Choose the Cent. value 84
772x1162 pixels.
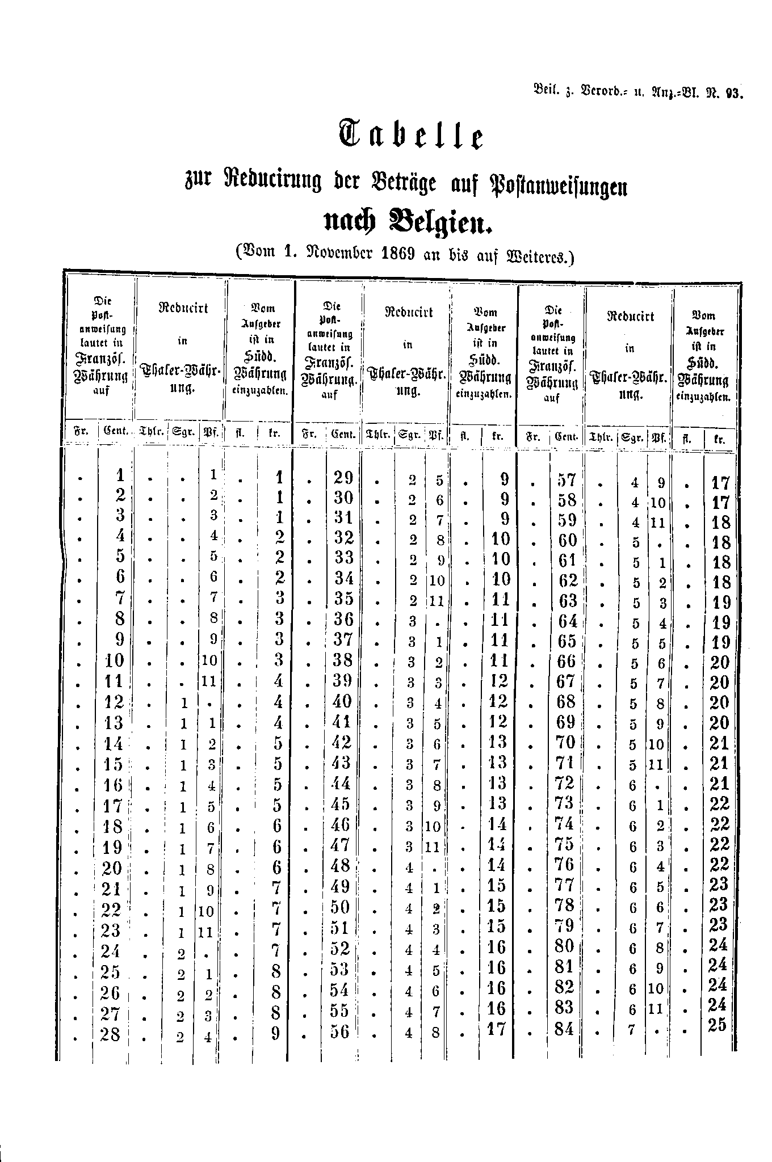(564, 1028)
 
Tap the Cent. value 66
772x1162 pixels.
(566, 662)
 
